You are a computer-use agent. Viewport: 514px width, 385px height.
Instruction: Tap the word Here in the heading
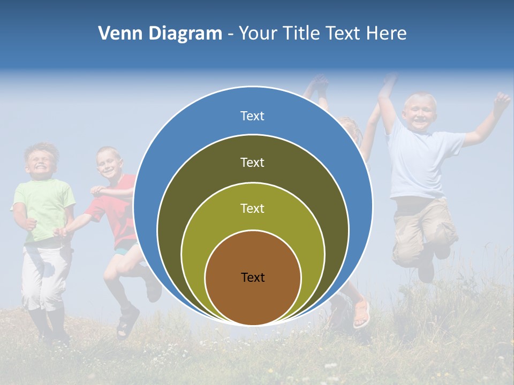(387, 34)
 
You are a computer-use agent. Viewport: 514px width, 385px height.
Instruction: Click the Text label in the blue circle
(253, 116)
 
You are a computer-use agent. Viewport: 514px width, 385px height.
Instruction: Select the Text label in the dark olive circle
(253, 162)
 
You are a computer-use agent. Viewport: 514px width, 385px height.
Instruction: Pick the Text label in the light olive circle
(253, 209)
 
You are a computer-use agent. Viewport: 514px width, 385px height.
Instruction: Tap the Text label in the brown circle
(253, 278)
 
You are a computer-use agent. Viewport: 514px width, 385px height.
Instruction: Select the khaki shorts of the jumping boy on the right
(423, 227)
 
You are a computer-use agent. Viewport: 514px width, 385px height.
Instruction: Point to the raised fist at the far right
(502, 100)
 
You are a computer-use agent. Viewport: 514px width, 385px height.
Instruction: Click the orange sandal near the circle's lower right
(362, 313)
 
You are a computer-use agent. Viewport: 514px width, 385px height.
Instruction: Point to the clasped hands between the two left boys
(62, 232)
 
